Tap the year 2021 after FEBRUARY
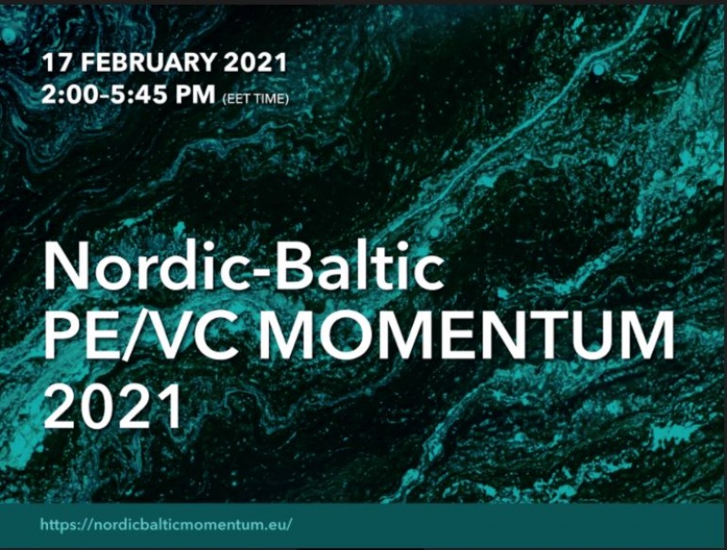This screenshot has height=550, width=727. tap(255, 63)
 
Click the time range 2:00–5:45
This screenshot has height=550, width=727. tap(105, 95)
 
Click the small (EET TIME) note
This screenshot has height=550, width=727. tap(256, 99)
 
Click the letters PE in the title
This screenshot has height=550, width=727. tap(80, 335)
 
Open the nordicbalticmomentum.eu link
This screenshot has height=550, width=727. tap(166, 525)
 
